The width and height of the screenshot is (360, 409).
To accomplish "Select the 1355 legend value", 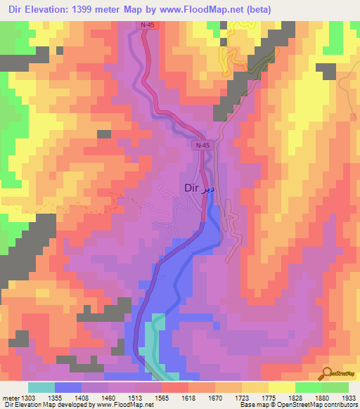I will pyautogui.click(x=68, y=398).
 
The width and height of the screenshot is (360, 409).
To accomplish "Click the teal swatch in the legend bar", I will pyautogui.click(x=41, y=387).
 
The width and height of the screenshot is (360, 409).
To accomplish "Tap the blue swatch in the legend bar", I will pyautogui.click(x=68, y=387).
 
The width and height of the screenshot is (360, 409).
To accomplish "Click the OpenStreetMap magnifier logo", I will pyautogui.click(x=326, y=372).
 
